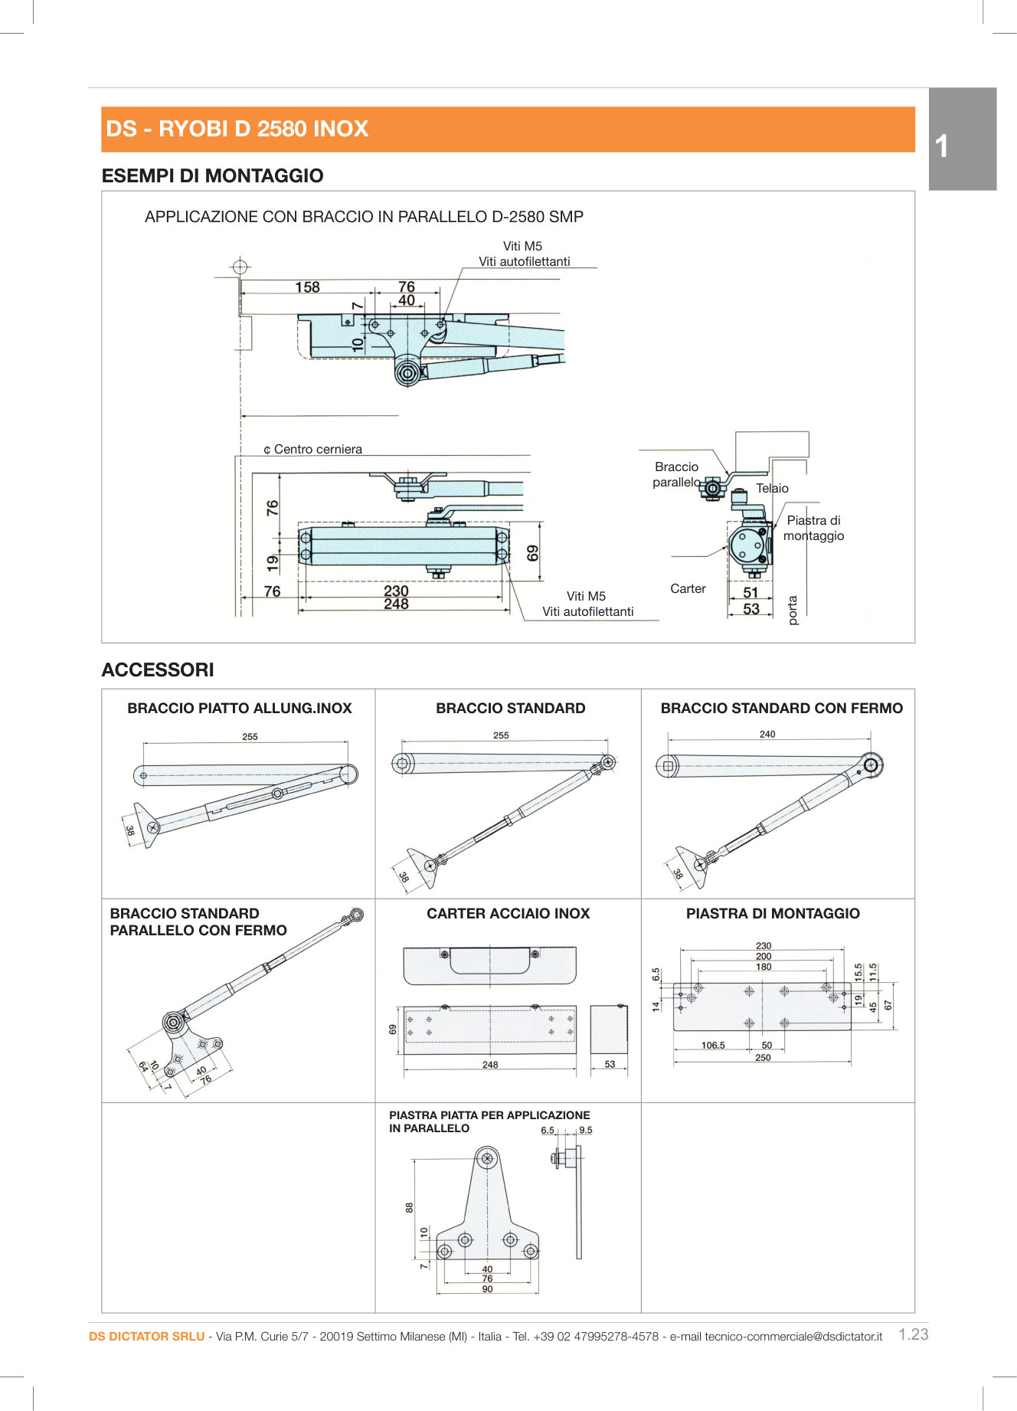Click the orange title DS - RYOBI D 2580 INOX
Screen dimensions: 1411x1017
(x=237, y=129)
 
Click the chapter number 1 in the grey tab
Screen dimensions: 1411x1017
(x=942, y=146)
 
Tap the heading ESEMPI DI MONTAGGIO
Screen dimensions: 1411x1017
(x=212, y=175)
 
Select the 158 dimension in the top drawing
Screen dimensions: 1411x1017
(x=307, y=287)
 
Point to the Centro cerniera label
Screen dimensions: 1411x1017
(x=317, y=450)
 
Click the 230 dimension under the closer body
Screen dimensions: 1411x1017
(x=396, y=591)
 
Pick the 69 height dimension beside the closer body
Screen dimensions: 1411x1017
(x=533, y=553)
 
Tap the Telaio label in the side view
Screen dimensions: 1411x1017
(x=772, y=489)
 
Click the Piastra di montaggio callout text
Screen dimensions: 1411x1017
(x=813, y=528)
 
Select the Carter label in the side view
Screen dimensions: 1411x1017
(x=688, y=588)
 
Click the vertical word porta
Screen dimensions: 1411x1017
(x=793, y=611)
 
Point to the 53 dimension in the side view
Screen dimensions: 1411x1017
(x=750, y=609)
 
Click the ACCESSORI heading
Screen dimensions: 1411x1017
(x=158, y=669)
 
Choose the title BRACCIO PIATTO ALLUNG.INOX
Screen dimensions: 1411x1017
(x=239, y=709)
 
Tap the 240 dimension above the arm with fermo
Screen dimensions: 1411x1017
(x=767, y=734)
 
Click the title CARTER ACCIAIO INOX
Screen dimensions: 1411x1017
(x=508, y=913)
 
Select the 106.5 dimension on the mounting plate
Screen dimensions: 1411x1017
(x=713, y=1045)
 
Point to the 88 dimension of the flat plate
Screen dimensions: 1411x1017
(x=410, y=1207)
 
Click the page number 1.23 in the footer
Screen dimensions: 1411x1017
(x=913, y=1334)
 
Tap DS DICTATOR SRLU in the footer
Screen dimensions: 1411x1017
(x=146, y=1337)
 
